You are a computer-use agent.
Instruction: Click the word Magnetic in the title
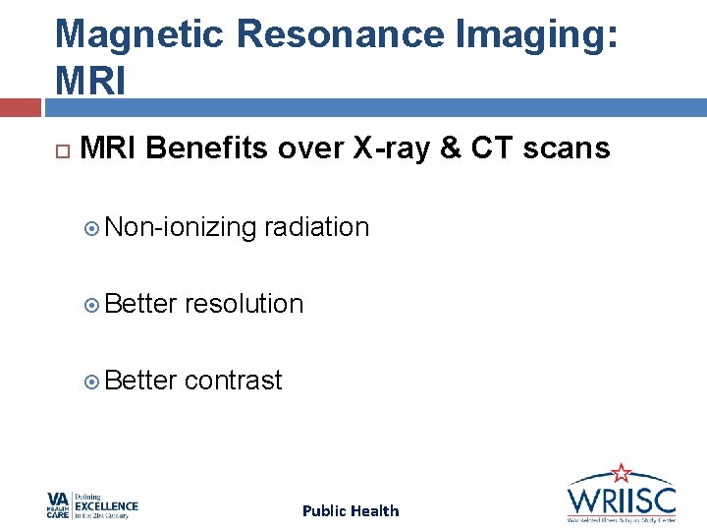(x=139, y=34)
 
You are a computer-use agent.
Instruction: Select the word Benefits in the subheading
(x=211, y=148)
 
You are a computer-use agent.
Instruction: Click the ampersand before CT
(x=449, y=148)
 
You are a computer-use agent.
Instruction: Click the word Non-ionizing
(x=181, y=228)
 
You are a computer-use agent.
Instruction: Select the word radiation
(x=316, y=227)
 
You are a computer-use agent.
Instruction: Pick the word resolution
(x=245, y=304)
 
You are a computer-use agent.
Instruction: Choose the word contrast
(x=233, y=381)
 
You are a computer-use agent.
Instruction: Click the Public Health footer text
(x=351, y=510)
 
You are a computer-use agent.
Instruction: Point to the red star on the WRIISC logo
(x=621, y=474)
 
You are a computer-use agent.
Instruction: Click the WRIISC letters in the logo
(x=621, y=496)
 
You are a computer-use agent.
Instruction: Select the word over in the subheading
(x=304, y=148)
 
